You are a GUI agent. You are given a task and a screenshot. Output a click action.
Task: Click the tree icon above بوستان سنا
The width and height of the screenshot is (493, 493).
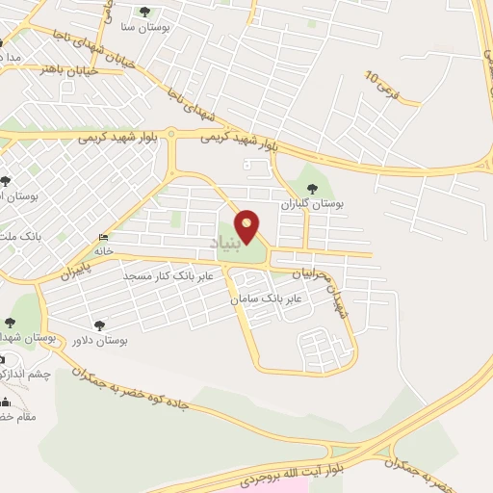144,12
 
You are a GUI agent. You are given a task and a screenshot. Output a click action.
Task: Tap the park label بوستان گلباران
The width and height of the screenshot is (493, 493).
311,203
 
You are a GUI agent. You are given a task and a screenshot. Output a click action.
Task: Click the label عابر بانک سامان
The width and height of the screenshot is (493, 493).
265,299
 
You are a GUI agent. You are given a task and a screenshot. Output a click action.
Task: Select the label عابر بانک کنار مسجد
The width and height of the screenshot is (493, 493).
159,276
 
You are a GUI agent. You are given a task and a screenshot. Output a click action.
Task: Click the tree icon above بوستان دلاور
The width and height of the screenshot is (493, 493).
97,324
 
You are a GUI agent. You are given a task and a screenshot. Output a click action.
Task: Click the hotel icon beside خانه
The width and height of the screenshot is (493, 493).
103,237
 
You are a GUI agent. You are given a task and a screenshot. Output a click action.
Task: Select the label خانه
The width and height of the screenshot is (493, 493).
103,250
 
